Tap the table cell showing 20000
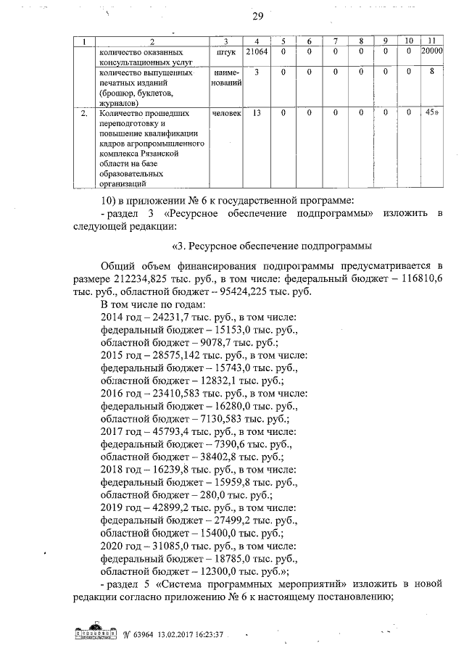[x=432, y=52]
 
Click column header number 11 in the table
[x=432, y=41]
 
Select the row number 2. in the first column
[x=85, y=114]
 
